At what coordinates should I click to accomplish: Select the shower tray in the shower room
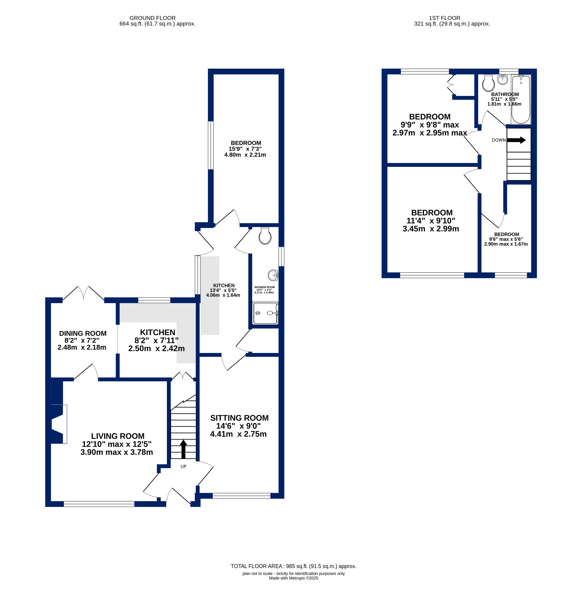point(265,313)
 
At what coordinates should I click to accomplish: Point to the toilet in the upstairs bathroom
point(489,83)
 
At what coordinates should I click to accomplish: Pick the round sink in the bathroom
point(503,80)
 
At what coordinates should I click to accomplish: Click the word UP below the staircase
point(183,466)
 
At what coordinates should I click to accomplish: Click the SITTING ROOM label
point(239,418)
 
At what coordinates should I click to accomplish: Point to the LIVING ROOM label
point(118,436)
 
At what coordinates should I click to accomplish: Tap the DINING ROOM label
point(83,333)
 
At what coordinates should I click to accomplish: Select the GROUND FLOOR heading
point(152,18)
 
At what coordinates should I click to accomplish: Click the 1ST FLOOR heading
point(445,18)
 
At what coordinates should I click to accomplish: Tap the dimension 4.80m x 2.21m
point(245,155)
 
